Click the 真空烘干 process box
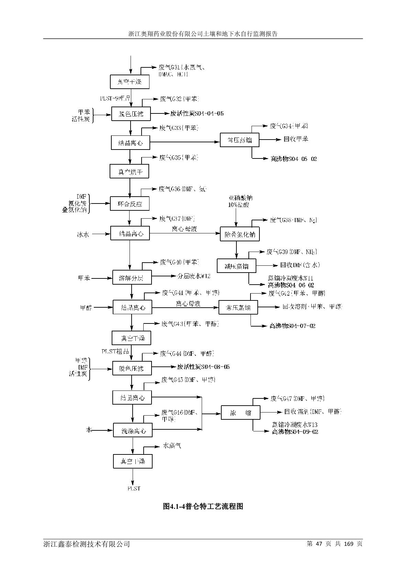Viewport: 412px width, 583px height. pyautogui.click(x=129, y=171)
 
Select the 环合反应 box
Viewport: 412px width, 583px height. pyautogui.click(x=130, y=203)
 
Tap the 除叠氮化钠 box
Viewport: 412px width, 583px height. pyautogui.click(x=240, y=234)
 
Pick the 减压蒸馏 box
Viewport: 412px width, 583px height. pyautogui.click(x=236, y=266)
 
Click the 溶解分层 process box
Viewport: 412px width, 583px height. pyautogui.click(x=132, y=278)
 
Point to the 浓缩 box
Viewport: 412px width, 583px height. pyautogui.click(x=240, y=413)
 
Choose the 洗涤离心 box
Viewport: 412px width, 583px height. pyautogui.click(x=133, y=430)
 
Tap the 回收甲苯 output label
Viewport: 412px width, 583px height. pyautogui.click(x=296, y=139)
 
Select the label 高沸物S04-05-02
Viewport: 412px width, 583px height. pyautogui.click(x=294, y=159)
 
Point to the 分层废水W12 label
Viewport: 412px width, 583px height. pyautogui.click(x=194, y=276)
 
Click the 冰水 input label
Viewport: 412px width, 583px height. pyautogui.click(x=83, y=235)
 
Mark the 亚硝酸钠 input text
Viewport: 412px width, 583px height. pyautogui.click(x=240, y=198)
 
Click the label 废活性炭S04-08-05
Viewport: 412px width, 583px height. pyautogui.click(x=203, y=367)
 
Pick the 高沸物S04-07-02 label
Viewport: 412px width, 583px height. pyautogui.click(x=292, y=326)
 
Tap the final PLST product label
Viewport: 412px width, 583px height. pyautogui.click(x=134, y=488)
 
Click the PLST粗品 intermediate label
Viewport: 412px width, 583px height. pyautogui.click(x=115, y=351)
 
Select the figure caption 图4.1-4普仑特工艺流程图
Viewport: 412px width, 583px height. pyautogui.click(x=203, y=506)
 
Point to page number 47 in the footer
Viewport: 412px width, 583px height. pyautogui.click(x=320, y=543)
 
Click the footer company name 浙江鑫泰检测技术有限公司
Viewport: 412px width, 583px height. pyautogui.click(x=87, y=544)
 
